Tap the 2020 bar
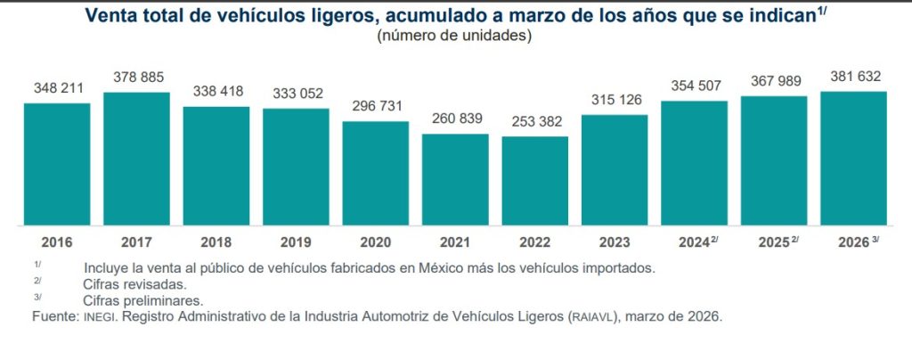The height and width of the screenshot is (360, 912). (x=376, y=173)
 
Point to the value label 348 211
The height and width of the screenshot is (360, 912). (x=57, y=89)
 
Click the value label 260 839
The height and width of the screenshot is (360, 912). (x=455, y=119)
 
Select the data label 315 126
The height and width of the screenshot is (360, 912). (x=615, y=100)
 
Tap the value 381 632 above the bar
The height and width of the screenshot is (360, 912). (x=853, y=76)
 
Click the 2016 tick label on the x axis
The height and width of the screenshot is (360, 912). (x=56, y=242)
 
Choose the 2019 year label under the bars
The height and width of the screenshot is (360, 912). (x=296, y=242)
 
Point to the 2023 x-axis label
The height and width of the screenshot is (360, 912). (x=615, y=242)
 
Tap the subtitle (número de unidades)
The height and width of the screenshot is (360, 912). (x=455, y=36)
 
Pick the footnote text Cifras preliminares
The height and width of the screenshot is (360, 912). (x=142, y=300)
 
